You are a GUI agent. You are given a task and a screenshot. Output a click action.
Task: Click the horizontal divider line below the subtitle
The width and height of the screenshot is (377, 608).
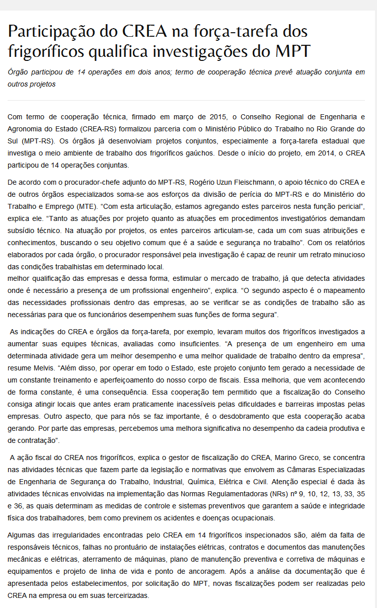tap(186, 100)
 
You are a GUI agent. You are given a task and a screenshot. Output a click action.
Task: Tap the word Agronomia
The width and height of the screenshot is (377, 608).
tap(26, 129)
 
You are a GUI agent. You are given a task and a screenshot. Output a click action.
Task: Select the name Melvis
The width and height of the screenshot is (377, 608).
tap(46, 368)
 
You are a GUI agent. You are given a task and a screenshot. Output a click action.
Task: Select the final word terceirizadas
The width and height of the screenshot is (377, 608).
tap(126, 595)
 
